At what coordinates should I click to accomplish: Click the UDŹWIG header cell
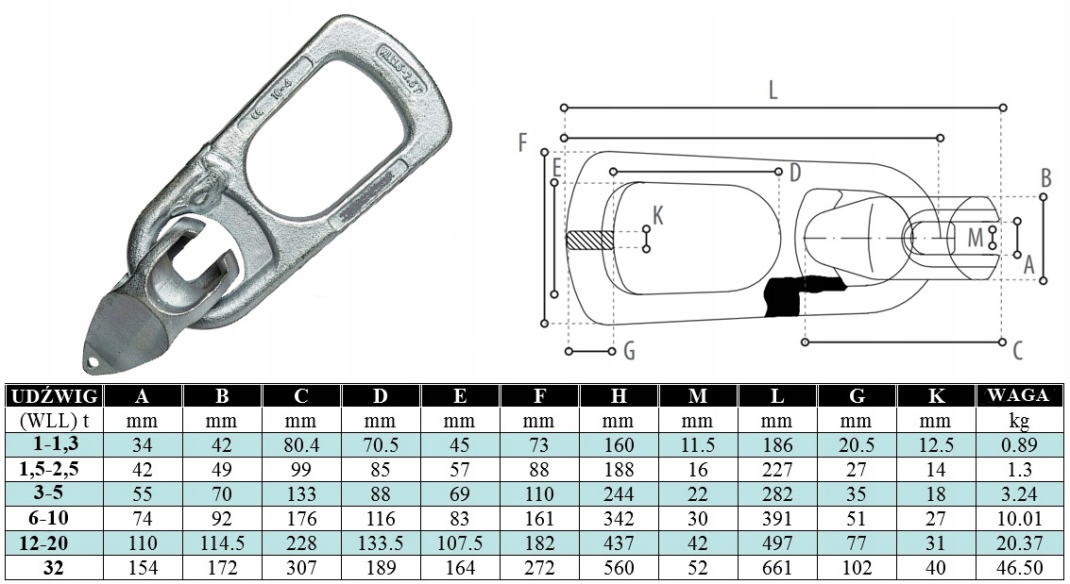53,396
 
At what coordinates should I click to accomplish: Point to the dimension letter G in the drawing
629,352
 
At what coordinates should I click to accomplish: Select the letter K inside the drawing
658,215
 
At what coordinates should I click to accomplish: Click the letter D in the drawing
794,173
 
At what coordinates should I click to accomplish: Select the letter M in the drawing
975,237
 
